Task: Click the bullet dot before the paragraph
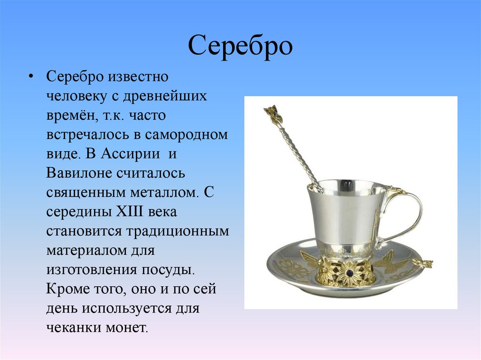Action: pyautogui.click(x=31, y=77)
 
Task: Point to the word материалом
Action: pyautogui.click(x=86, y=251)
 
